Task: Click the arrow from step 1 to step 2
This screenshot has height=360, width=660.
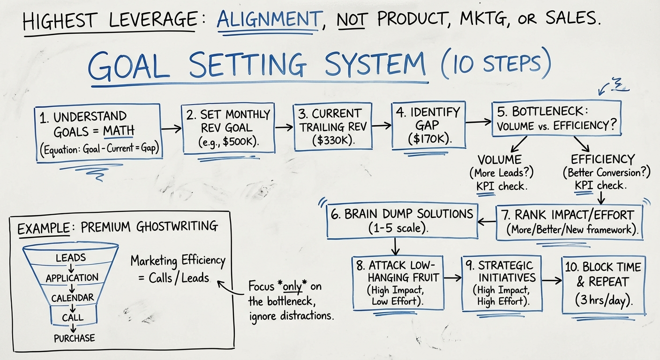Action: (171, 127)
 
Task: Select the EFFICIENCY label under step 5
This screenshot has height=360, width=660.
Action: (602, 159)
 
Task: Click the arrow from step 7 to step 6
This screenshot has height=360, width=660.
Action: (487, 220)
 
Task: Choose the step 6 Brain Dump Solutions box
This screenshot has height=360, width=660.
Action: (402, 220)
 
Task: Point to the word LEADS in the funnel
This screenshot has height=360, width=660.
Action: (71, 257)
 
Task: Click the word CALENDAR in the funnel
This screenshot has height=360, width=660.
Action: (73, 298)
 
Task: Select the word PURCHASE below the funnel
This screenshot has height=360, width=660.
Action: (74, 338)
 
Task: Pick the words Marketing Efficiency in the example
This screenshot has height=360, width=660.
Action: (178, 261)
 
